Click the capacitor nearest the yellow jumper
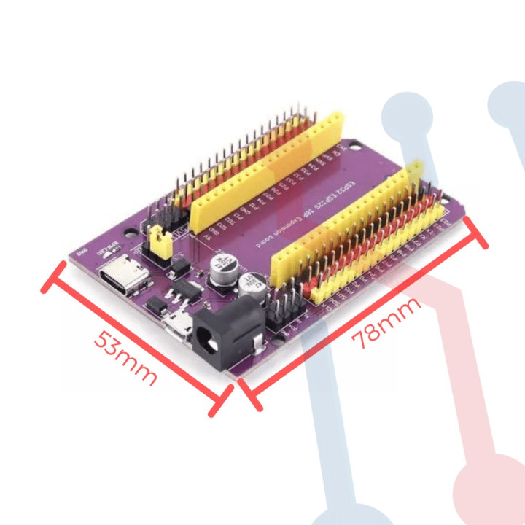click(221, 267)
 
